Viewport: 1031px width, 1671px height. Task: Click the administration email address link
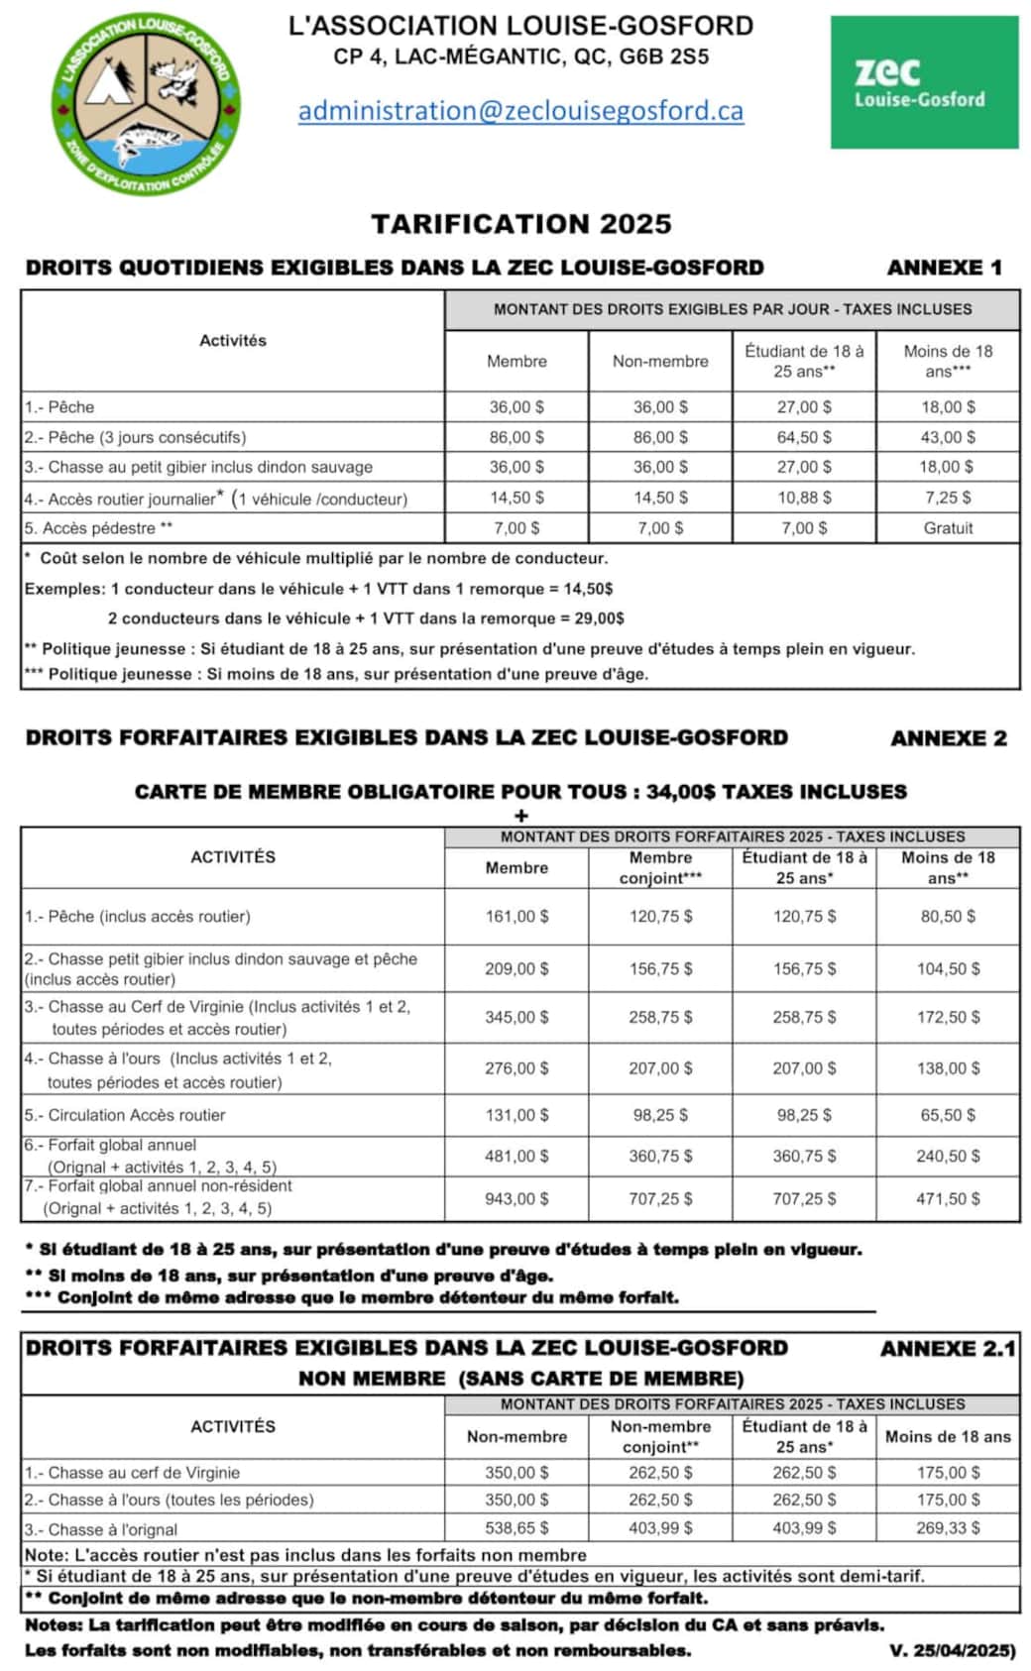(520, 110)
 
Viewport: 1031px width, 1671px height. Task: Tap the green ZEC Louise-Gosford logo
(924, 82)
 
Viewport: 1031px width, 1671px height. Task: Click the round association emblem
(146, 103)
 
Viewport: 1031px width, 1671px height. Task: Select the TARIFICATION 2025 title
(521, 224)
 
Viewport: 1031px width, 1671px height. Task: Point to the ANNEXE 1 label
(944, 268)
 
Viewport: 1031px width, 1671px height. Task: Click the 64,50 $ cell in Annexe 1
(804, 437)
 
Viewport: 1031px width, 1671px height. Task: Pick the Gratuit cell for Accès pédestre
(948, 528)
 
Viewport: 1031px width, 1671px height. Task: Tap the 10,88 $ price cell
(804, 498)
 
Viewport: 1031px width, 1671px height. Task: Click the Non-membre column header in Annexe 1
(660, 362)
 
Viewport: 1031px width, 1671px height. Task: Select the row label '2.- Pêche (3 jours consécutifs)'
(136, 437)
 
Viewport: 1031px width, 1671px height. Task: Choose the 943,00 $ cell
(516, 1199)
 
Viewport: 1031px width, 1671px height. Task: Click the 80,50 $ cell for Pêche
(948, 917)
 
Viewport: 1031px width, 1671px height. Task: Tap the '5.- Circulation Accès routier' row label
(126, 1115)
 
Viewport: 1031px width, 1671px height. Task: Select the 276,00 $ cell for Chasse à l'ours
(516, 1068)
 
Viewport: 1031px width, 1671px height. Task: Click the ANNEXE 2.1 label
(948, 1349)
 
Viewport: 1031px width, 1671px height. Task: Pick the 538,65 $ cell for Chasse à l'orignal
(516, 1528)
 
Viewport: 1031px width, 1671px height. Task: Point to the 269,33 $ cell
(948, 1528)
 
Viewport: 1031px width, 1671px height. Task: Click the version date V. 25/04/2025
(953, 1651)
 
